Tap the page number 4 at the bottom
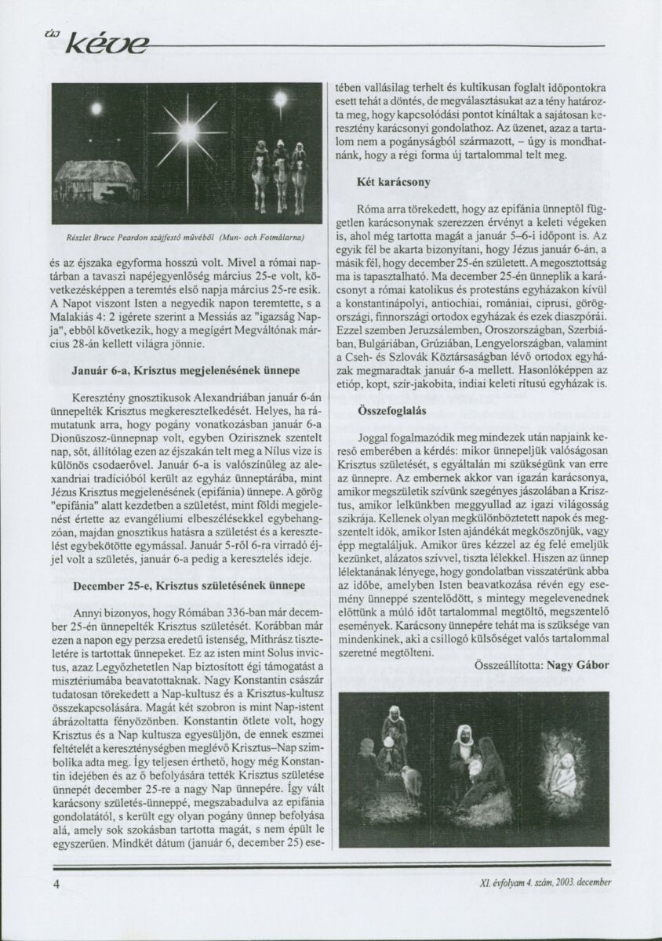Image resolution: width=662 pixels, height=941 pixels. point(56,883)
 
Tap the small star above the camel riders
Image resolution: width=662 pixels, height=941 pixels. point(279,98)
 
